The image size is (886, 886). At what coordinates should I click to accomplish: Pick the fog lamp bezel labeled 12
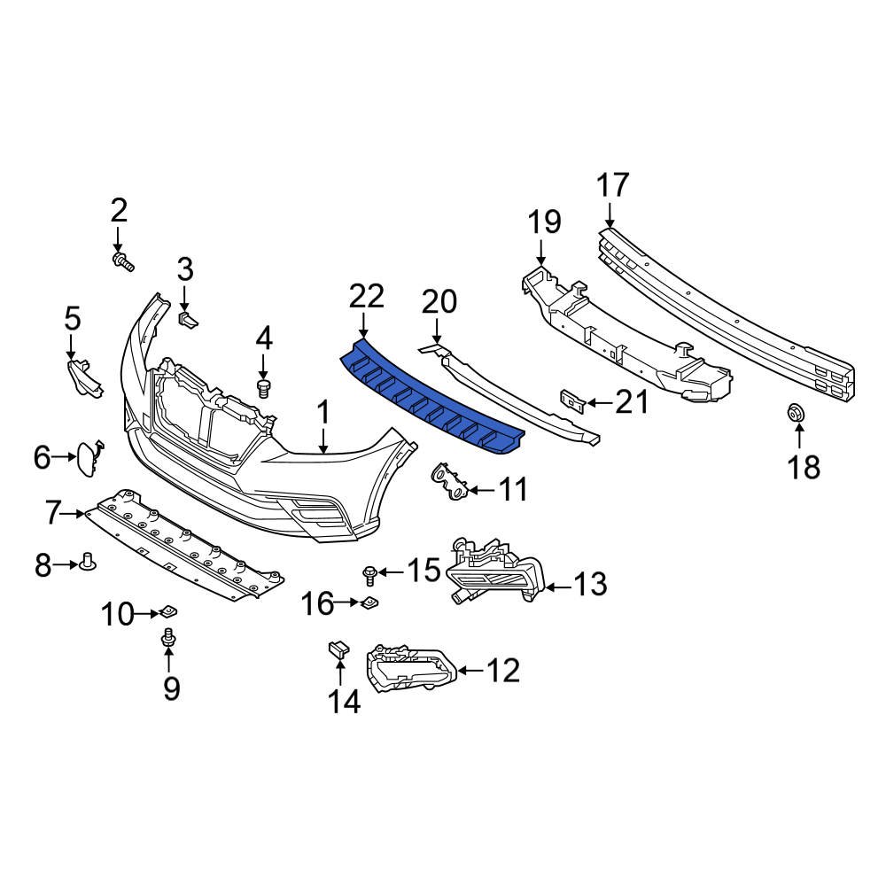click(412, 670)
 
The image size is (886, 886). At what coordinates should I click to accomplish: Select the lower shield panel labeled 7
click(186, 545)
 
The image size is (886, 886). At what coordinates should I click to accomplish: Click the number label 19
click(546, 221)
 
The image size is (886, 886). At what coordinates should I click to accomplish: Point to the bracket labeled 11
click(450, 482)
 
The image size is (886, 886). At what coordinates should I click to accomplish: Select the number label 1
click(324, 413)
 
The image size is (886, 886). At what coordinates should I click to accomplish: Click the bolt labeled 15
click(369, 576)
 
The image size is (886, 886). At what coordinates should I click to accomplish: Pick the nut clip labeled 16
click(369, 603)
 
